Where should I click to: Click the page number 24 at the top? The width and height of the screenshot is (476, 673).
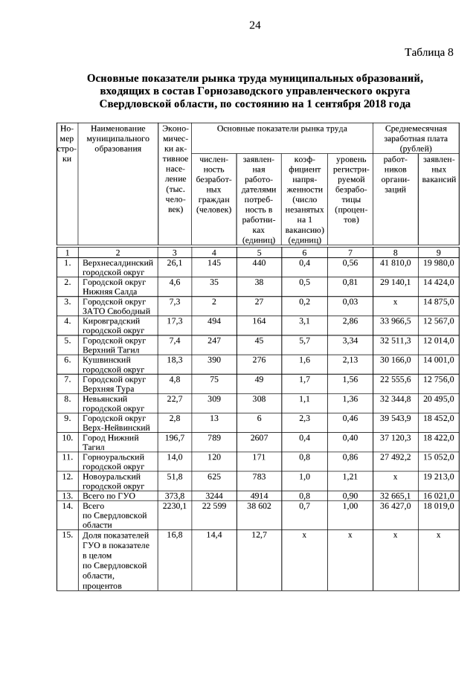(254, 25)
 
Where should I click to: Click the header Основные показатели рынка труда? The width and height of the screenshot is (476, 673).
(282, 129)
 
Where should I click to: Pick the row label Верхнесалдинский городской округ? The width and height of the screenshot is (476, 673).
(118, 268)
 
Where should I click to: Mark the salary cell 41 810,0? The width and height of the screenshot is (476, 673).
(395, 263)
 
